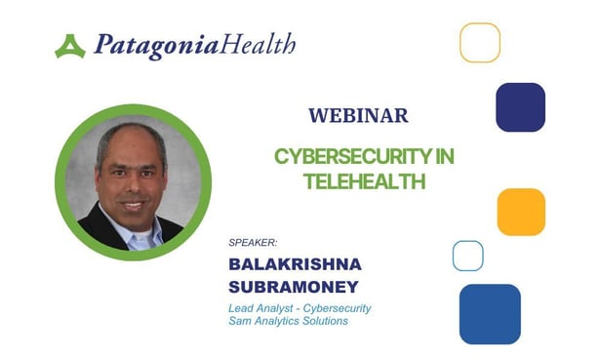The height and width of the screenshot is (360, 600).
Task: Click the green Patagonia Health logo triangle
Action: (69, 46)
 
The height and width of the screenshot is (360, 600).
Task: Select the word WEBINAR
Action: (358, 116)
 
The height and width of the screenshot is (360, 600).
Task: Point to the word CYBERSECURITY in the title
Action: (364, 157)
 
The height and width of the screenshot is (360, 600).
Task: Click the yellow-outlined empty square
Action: (480, 43)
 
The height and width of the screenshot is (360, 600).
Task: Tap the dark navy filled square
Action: (520, 107)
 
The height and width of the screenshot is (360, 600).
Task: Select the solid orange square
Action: (520, 212)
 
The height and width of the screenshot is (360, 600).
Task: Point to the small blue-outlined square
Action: (468, 256)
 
